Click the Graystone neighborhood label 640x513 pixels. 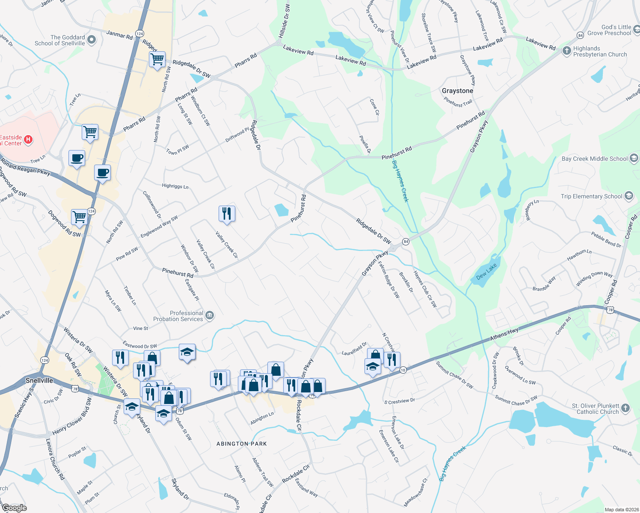(457, 91)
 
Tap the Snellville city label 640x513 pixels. (39, 380)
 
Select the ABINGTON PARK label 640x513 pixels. (242, 444)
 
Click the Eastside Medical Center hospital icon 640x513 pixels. (28, 139)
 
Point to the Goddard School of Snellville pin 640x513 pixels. (92, 41)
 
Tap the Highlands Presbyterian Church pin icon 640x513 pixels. (566, 51)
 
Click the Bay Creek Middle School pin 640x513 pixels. (634, 159)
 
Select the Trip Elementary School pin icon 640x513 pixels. (628, 196)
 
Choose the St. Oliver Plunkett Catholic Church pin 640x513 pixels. (625, 408)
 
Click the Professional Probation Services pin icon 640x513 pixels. (209, 316)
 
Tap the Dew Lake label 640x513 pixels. (486, 272)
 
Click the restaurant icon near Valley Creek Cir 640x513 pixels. (227, 213)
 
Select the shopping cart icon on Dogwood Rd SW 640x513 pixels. (80, 217)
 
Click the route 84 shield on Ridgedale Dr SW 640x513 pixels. (406, 242)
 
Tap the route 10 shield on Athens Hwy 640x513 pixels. (403, 370)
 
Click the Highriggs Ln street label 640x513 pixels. (175, 186)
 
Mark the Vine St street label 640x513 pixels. (140, 328)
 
